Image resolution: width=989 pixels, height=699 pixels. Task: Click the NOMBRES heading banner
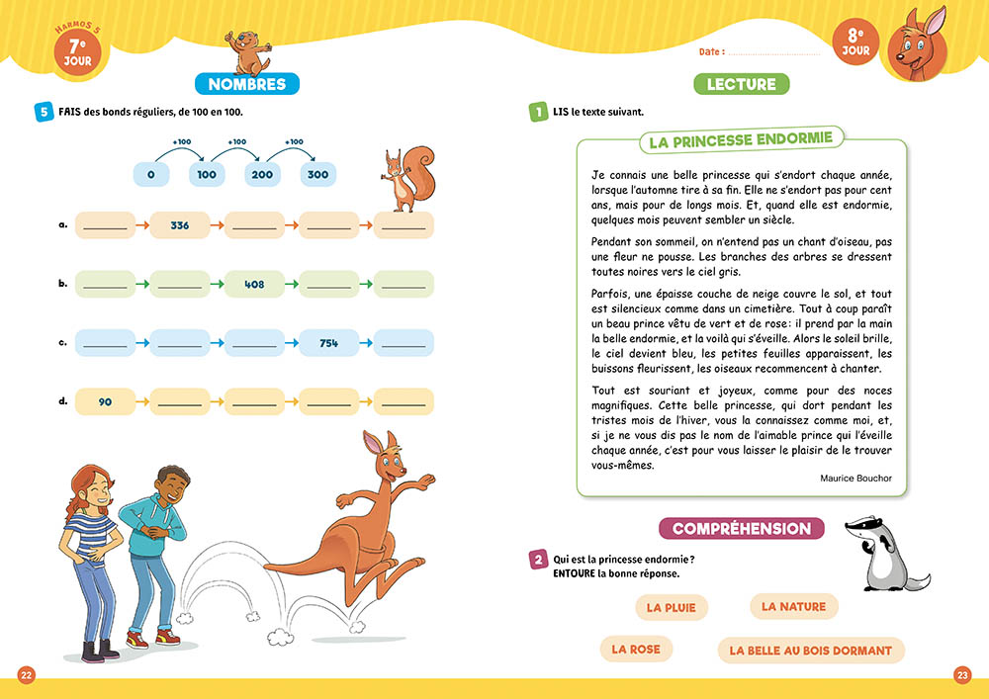coord(246,84)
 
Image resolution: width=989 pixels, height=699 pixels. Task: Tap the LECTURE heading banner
coord(741,84)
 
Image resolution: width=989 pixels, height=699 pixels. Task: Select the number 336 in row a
coord(179,225)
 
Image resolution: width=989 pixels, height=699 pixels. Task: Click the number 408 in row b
coord(254,284)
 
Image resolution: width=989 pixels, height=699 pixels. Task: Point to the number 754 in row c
coord(329,343)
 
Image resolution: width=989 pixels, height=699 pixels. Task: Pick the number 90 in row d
coord(105,401)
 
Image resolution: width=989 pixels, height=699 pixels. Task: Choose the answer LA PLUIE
coord(671,608)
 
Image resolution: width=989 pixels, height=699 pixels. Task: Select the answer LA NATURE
coord(793,606)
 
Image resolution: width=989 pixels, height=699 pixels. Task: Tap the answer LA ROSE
coord(636,650)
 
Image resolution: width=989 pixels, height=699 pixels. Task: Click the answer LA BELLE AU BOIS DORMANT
coord(810,651)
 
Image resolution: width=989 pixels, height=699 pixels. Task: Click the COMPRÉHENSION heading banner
coord(741,529)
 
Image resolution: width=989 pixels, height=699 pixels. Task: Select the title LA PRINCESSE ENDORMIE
coord(740,141)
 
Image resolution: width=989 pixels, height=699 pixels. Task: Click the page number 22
coord(27,675)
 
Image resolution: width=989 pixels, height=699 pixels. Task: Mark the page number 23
coord(962,675)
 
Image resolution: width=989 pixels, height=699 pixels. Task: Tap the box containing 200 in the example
coord(262,175)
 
